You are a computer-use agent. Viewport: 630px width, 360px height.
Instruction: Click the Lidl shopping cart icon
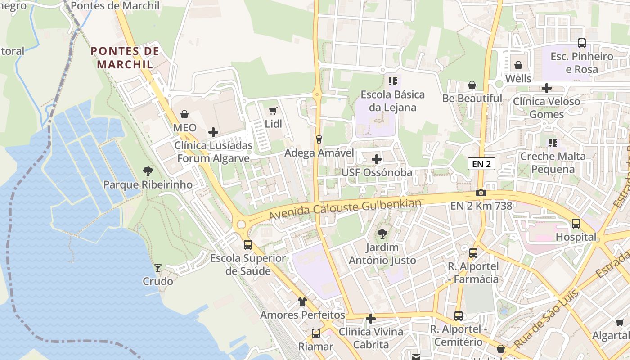[273, 111]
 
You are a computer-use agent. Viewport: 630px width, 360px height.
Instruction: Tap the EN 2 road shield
[481, 164]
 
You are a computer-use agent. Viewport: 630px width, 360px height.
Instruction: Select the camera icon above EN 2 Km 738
[481, 193]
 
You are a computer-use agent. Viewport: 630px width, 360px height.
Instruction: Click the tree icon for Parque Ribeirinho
[148, 171]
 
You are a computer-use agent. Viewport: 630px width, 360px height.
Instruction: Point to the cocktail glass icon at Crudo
[158, 268]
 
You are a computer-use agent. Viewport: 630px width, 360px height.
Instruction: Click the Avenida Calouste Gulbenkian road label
[345, 209]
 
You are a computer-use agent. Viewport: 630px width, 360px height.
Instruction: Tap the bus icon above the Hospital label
[576, 223]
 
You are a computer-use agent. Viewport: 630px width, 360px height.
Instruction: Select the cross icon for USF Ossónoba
[377, 159]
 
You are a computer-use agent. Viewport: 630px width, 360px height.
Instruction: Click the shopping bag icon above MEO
[184, 114]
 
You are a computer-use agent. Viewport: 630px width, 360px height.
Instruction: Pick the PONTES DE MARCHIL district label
[126, 58]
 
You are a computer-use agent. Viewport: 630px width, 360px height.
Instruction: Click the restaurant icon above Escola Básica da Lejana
[393, 81]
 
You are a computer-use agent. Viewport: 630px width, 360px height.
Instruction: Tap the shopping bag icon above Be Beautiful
[472, 85]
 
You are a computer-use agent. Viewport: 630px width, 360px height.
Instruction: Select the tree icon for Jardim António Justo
[382, 234]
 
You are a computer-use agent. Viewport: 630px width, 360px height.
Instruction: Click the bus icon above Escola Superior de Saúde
[248, 245]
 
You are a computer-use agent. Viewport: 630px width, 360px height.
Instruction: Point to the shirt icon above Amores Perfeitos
[302, 301]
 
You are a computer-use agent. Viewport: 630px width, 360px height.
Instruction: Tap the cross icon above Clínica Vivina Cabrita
[371, 319]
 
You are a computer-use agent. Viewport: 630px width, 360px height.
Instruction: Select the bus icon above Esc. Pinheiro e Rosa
[582, 43]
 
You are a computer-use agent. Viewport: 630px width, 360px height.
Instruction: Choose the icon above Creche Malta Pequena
[553, 143]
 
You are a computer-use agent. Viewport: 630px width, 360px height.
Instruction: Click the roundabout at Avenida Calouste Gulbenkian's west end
[242, 224]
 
